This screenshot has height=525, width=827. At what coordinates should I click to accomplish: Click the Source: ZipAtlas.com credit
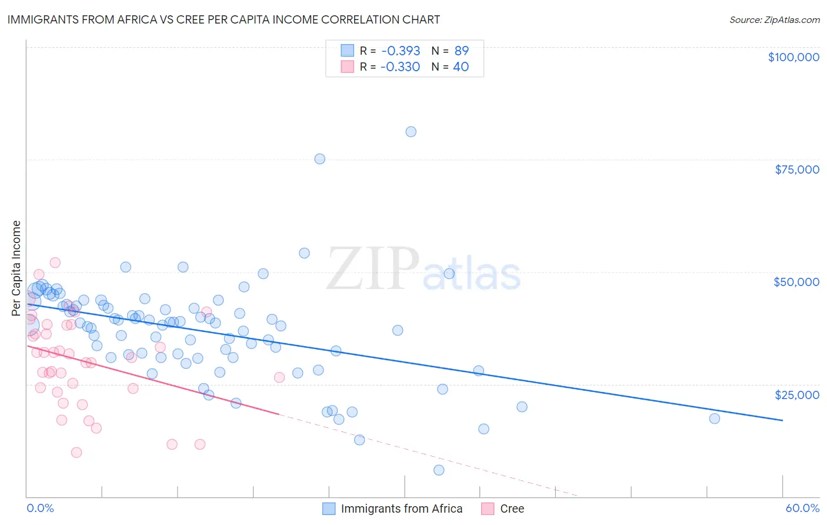(x=774, y=19)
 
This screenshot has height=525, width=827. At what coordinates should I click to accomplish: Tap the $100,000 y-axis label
(x=793, y=57)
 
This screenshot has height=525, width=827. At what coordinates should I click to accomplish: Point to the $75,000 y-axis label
(x=796, y=170)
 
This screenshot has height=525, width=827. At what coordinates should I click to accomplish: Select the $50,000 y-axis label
(x=796, y=282)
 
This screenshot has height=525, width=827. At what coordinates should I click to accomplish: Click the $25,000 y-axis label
(x=796, y=394)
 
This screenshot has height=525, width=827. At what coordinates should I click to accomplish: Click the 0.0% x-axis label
(x=40, y=508)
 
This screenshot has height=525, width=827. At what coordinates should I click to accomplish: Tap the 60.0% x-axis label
(x=802, y=508)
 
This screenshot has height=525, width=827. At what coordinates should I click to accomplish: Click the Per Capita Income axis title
(x=16, y=268)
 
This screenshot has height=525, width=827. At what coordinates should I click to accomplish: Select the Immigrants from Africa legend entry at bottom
(x=401, y=509)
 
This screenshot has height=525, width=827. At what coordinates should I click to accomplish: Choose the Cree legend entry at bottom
(x=511, y=509)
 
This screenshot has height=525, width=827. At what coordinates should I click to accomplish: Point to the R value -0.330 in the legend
(x=400, y=67)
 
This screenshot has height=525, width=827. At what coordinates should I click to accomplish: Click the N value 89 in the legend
(x=461, y=51)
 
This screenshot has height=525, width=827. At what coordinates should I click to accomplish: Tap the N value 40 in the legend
(x=461, y=67)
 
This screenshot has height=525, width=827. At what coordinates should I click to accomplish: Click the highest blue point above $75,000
(x=411, y=132)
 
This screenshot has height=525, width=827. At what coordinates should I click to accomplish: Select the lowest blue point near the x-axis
(x=439, y=470)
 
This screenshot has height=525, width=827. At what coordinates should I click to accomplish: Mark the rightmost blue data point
(x=714, y=418)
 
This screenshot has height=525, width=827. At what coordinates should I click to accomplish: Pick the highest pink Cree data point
(x=55, y=262)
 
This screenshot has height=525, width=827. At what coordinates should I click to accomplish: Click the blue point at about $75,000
(x=319, y=159)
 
